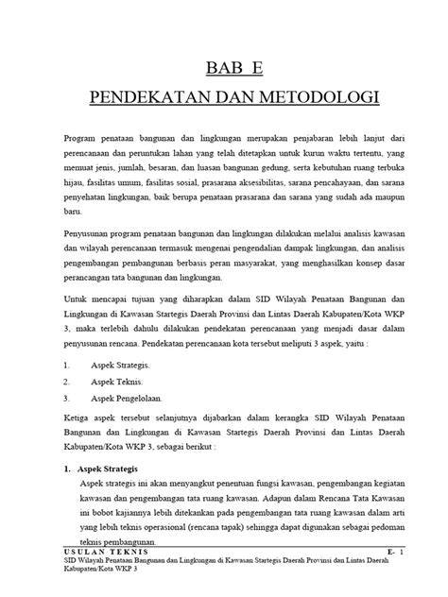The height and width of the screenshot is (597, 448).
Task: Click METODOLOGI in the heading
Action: click(x=302, y=97)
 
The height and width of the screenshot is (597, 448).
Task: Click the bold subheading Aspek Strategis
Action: click(x=112, y=469)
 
